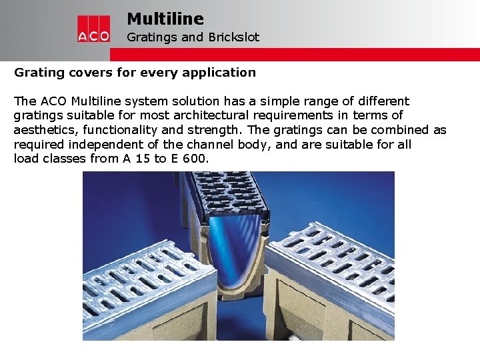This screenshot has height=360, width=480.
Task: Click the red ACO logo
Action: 93,29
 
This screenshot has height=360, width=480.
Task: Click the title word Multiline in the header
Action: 165,19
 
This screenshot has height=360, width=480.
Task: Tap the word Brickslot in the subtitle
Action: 233,37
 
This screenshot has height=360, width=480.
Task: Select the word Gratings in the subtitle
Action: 151,37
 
